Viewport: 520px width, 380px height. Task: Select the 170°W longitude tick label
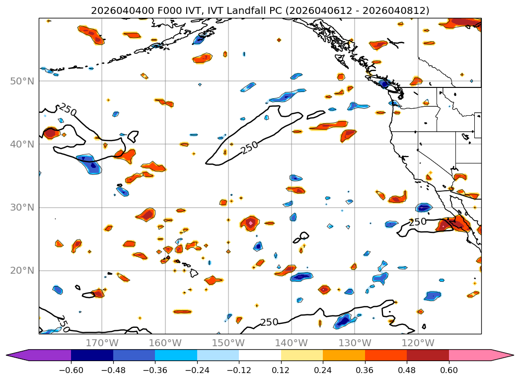click(102, 343)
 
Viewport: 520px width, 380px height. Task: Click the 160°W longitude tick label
click(165, 343)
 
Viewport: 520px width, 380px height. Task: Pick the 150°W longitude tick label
click(228, 343)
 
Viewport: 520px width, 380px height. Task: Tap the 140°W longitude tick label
click(292, 343)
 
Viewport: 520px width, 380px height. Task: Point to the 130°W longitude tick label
click(355, 343)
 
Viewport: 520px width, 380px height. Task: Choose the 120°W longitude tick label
click(418, 343)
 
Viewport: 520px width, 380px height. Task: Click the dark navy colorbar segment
click(92, 355)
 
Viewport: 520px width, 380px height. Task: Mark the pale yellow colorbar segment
click(302, 355)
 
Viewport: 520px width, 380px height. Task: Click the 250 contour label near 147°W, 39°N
click(250, 147)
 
